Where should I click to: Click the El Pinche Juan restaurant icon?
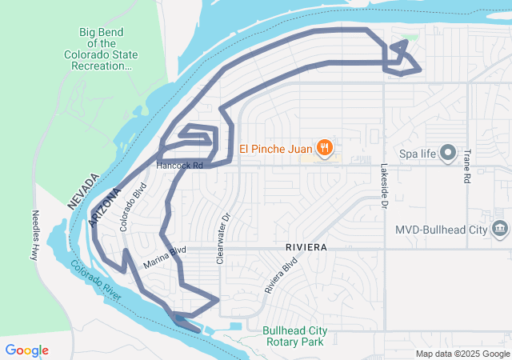point(324,147)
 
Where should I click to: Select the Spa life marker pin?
point(448,152)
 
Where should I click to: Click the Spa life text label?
point(418,152)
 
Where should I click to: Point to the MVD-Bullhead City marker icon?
point(500,230)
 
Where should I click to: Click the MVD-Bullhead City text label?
point(441,230)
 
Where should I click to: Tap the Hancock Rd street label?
point(180,166)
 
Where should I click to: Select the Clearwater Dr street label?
point(223,238)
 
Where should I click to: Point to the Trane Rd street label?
point(466,166)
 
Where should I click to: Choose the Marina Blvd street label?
point(165,257)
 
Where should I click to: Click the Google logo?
point(26,350)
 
